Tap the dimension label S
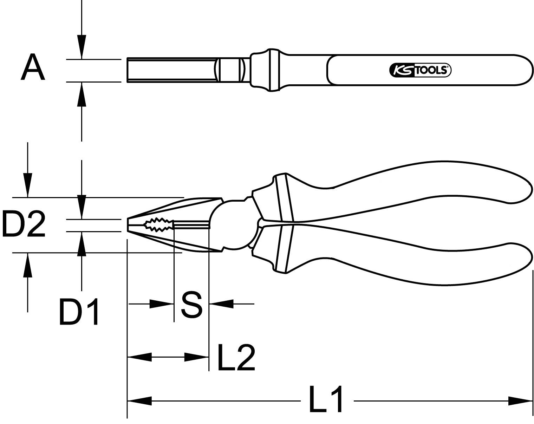point(191,304)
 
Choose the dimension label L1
point(326,399)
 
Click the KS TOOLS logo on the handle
point(420,70)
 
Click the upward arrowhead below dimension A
point(82,94)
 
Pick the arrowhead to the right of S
point(221,304)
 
